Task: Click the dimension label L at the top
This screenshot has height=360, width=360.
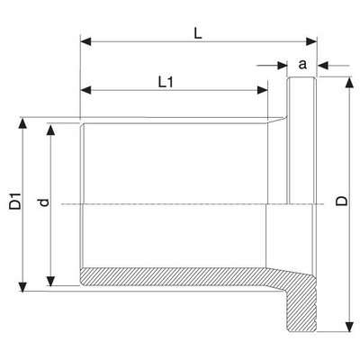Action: [x=198, y=33]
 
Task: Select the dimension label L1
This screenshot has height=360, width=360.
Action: [x=166, y=82]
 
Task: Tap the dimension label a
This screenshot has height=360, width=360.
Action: [x=302, y=64]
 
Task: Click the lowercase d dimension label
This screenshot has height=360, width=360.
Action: [x=44, y=202]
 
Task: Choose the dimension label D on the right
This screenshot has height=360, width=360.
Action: [x=341, y=201]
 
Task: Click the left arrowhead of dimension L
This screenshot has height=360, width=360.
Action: [x=85, y=41]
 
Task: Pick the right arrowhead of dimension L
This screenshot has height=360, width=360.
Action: [x=311, y=41]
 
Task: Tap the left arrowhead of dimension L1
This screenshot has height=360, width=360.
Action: [x=85, y=90]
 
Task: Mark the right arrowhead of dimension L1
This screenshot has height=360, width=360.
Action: [x=262, y=90]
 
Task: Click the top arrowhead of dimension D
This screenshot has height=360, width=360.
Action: [x=348, y=83]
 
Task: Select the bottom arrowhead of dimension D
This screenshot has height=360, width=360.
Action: [x=348, y=327]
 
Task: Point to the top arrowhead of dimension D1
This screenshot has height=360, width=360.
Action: [x=22, y=123]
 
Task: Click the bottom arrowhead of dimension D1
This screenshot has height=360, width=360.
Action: [x=22, y=286]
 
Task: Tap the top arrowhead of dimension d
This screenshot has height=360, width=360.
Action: [x=50, y=130]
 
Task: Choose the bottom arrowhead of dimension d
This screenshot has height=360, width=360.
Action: [x=50, y=281]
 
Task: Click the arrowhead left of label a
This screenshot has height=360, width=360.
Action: [x=283, y=66]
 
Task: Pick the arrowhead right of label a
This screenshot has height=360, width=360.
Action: [x=323, y=66]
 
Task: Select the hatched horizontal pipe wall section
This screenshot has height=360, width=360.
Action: [x=180, y=276]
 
